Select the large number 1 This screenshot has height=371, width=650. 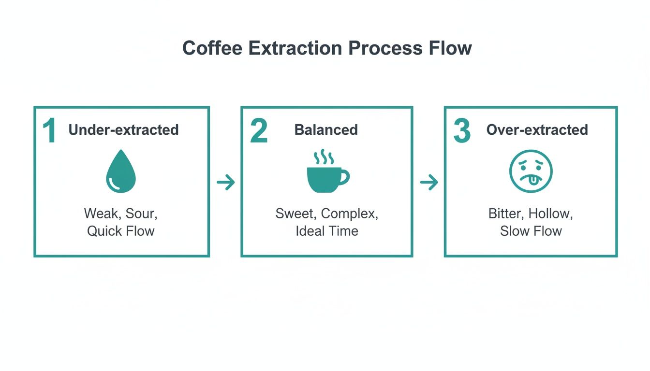[50, 131]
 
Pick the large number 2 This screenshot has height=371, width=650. [259, 131]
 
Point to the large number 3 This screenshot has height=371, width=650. [462, 131]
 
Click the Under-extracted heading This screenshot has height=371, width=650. [123, 130]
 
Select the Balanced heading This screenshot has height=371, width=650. [326, 130]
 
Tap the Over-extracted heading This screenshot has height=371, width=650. [537, 130]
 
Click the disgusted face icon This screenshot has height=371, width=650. [531, 172]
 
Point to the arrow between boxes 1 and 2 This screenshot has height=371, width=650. [225, 183]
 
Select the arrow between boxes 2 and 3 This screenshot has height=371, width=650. [429, 183]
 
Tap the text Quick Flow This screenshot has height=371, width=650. [120, 231]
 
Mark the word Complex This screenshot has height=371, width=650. [350, 214]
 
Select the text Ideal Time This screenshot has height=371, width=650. [327, 231]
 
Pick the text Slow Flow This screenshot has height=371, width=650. [531, 231]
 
